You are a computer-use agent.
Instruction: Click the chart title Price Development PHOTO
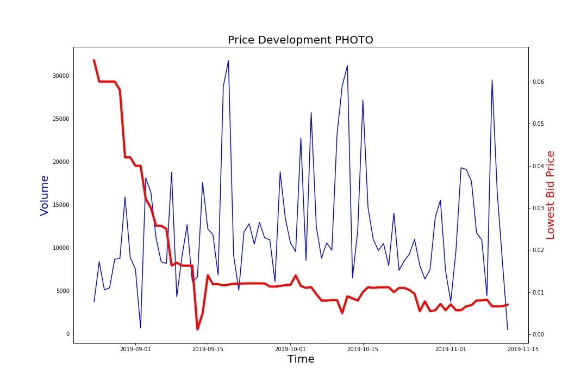click(x=300, y=40)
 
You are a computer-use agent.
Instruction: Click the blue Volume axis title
click(x=45, y=195)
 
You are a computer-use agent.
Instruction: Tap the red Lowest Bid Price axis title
click(x=551, y=195)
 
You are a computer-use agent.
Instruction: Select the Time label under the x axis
click(x=301, y=359)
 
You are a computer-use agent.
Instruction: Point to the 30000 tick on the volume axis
click(x=60, y=76)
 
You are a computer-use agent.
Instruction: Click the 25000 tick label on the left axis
click(x=60, y=119)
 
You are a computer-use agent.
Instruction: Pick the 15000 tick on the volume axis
click(x=60, y=205)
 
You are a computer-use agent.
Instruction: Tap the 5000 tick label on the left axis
click(x=61, y=291)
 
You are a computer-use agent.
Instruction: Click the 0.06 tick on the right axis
click(x=538, y=82)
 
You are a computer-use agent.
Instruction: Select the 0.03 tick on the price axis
click(x=538, y=208)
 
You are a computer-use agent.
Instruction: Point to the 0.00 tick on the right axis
click(x=538, y=334)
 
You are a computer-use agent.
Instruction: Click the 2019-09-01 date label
click(x=135, y=349)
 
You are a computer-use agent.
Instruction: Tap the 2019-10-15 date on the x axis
click(x=363, y=349)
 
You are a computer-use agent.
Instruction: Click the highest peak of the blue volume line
click(x=228, y=60)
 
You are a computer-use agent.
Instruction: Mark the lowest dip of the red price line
click(x=197, y=329)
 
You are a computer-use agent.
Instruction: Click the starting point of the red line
click(x=94, y=60)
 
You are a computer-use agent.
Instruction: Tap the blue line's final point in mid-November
click(x=508, y=329)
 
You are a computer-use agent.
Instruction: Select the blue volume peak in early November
click(x=492, y=80)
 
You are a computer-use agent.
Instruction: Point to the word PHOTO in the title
click(x=354, y=40)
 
